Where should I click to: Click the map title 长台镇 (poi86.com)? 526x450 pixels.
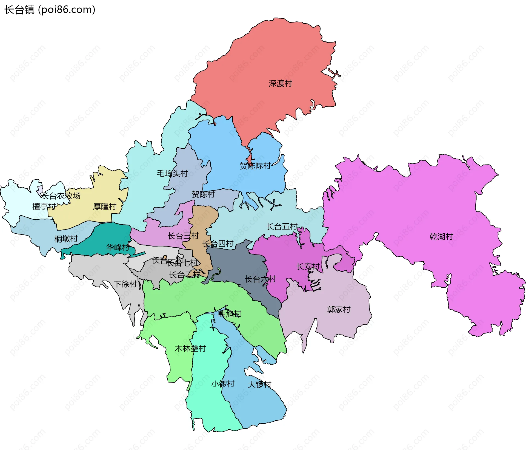[50, 10]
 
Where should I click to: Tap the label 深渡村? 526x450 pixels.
[280, 83]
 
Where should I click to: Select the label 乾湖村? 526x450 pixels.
[441, 236]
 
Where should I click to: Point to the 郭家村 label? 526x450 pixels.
[339, 310]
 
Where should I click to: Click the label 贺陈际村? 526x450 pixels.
[255, 166]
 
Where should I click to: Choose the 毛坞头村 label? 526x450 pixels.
[172, 173]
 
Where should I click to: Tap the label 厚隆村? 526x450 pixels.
[105, 206]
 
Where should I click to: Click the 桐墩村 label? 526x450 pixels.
[66, 239]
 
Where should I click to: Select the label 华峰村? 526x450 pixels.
[118, 247]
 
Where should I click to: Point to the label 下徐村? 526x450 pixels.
[125, 284]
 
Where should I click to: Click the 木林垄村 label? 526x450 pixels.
[190, 349]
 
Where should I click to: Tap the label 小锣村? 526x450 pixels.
[223, 384]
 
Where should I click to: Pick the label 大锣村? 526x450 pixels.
[259, 384]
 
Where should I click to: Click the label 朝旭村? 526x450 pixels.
[230, 314]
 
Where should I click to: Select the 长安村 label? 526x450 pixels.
[308, 266]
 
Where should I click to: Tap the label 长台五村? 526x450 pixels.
[282, 227]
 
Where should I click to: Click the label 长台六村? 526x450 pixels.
[260, 279]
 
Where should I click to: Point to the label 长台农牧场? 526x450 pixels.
[61, 196]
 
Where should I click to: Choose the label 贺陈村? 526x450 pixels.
[203, 194]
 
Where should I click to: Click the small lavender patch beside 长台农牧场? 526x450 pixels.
[40, 190]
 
